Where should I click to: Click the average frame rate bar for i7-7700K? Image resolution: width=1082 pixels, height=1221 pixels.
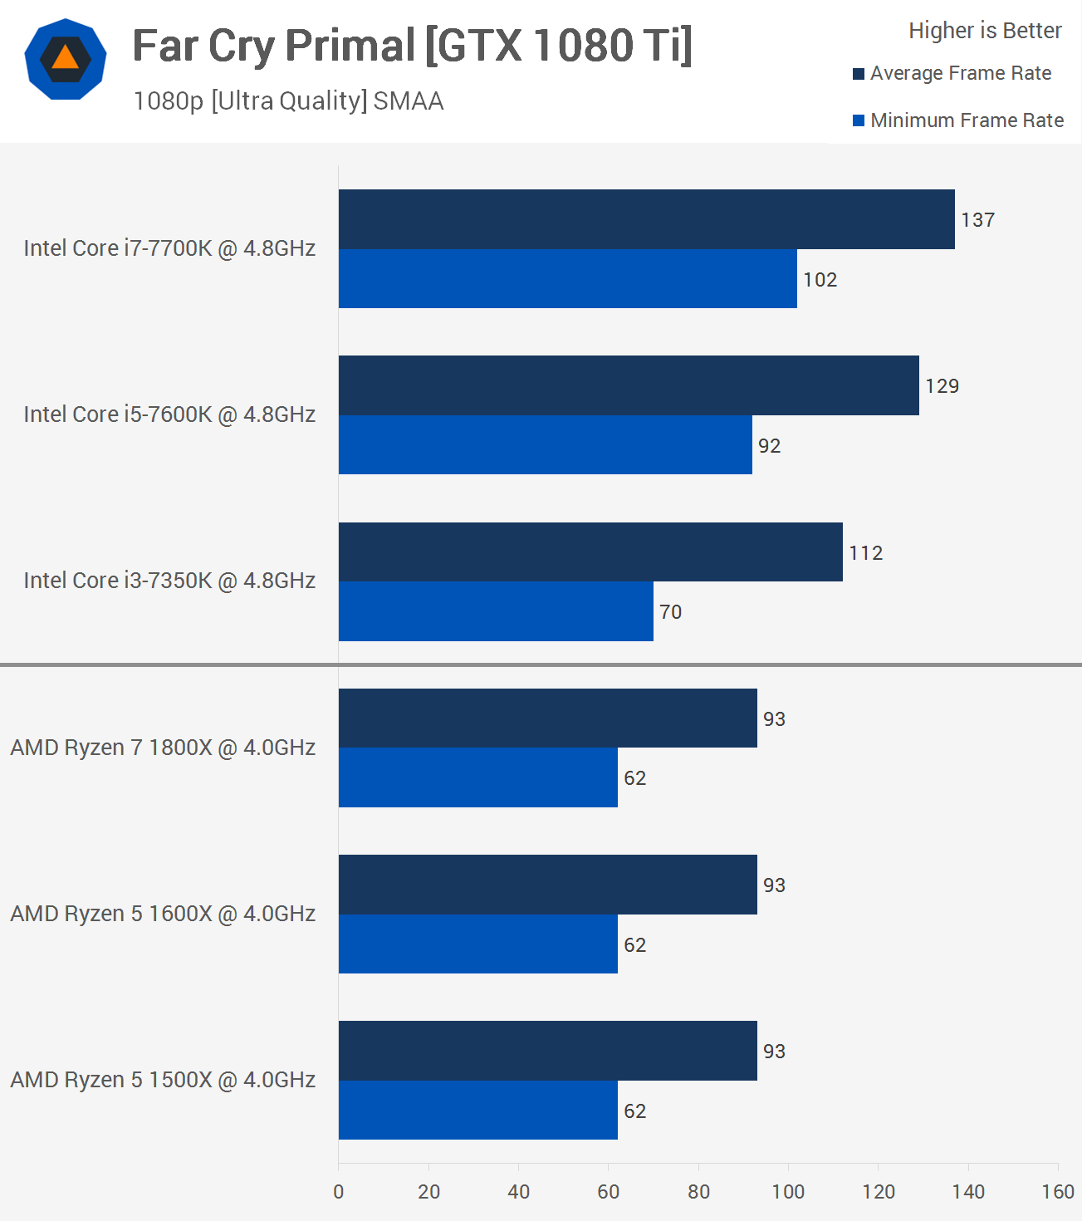pyautogui.click(x=646, y=219)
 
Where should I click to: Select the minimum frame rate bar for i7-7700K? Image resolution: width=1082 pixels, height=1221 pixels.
pyautogui.click(x=567, y=279)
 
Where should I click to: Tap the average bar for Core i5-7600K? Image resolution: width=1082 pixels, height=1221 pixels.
pyautogui.click(x=629, y=385)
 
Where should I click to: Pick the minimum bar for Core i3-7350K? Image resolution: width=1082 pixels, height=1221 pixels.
pyautogui.click(x=496, y=611)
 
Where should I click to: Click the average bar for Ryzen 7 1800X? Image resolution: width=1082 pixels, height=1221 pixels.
pyautogui.click(x=547, y=718)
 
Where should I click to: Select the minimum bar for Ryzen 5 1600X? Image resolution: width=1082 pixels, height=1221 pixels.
pyautogui.click(x=477, y=944)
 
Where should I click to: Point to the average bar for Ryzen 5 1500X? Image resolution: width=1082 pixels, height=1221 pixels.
pyautogui.click(x=547, y=1051)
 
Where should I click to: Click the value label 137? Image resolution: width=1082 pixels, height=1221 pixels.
pyautogui.click(x=977, y=220)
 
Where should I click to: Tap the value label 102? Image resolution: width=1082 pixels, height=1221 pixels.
pyautogui.click(x=820, y=280)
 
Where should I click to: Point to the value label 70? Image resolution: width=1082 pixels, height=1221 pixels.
pyautogui.click(x=670, y=612)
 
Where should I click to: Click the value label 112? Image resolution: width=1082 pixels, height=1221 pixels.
pyautogui.click(x=865, y=553)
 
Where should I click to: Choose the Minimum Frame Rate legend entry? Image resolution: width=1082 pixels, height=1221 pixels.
pyautogui.click(x=958, y=120)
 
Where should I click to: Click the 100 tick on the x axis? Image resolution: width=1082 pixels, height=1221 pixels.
pyautogui.click(x=788, y=1192)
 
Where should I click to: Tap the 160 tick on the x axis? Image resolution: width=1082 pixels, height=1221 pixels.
pyautogui.click(x=1058, y=1192)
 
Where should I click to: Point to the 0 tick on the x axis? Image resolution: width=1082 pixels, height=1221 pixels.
pyautogui.click(x=339, y=1192)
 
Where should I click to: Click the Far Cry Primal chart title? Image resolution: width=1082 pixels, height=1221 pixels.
pyautogui.click(x=412, y=46)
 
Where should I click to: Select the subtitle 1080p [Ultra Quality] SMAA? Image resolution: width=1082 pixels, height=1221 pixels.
pyautogui.click(x=288, y=101)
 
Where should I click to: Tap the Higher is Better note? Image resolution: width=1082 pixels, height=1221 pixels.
pyautogui.click(x=985, y=31)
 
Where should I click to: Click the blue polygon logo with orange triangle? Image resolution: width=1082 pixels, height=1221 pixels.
pyautogui.click(x=66, y=59)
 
